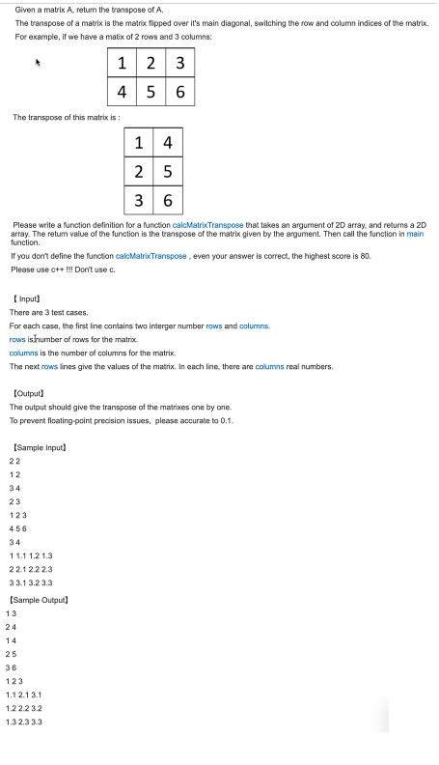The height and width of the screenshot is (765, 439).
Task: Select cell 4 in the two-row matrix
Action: (122, 94)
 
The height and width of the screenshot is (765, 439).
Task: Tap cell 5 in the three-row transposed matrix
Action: (167, 172)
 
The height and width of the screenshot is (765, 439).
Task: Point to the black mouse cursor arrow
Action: (39, 62)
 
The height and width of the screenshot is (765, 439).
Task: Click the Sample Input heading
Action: (41, 448)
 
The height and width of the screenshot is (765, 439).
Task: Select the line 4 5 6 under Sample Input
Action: (18, 527)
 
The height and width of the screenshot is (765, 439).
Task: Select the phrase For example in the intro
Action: (35, 35)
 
